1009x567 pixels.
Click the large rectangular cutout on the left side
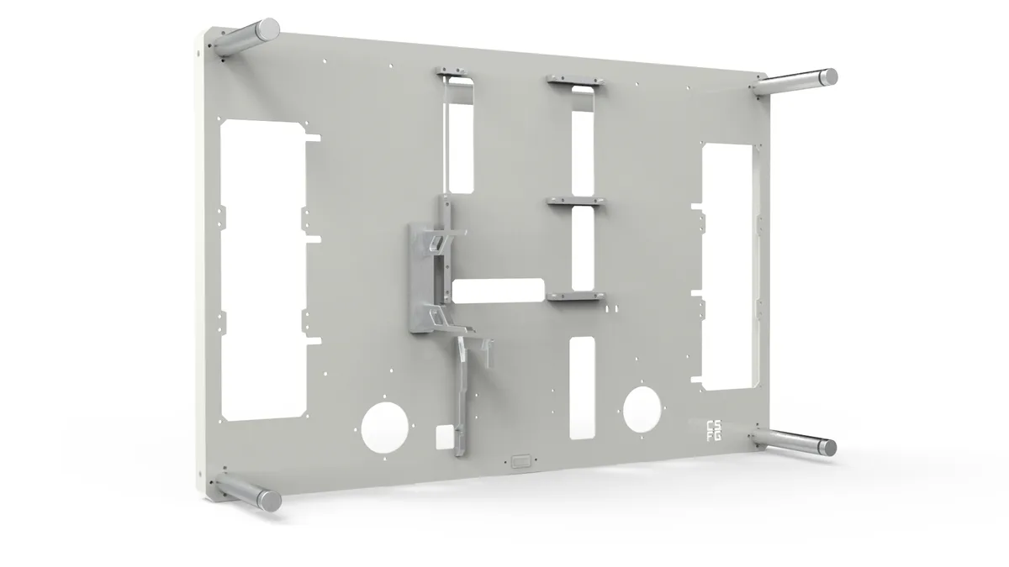pos(263,269)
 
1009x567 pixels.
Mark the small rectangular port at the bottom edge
pos(520,460)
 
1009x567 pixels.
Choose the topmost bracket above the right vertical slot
pos(575,80)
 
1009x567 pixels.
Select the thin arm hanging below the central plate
pos(462,395)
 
